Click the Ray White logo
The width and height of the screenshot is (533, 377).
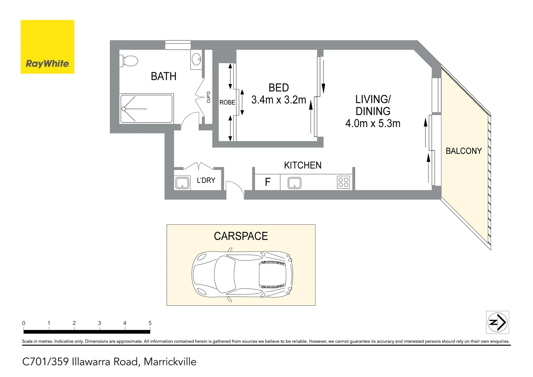point(47,47)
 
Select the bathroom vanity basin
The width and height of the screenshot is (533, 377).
point(197,59)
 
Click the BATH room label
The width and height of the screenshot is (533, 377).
point(163,76)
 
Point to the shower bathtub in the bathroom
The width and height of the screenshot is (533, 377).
point(146,109)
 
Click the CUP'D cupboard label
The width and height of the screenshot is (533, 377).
point(208,97)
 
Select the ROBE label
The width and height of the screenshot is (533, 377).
point(227,102)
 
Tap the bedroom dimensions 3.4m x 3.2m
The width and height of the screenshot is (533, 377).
point(279,100)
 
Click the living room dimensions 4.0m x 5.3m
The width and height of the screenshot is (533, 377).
point(373,123)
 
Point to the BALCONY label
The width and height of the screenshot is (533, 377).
point(464,151)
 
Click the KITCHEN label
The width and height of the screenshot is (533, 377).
point(303,165)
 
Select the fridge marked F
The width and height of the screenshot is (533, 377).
point(267,182)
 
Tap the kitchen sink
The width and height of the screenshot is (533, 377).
point(295,183)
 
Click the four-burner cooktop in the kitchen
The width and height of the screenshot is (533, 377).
point(343,182)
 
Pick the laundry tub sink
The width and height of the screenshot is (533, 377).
point(182,183)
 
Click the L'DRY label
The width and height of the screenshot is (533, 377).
point(206,180)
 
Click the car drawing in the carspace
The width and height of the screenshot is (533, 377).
point(242,274)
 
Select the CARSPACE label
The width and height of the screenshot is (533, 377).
point(241,236)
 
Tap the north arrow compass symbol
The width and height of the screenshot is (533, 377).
point(498,322)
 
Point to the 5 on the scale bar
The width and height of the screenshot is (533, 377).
point(150,323)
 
